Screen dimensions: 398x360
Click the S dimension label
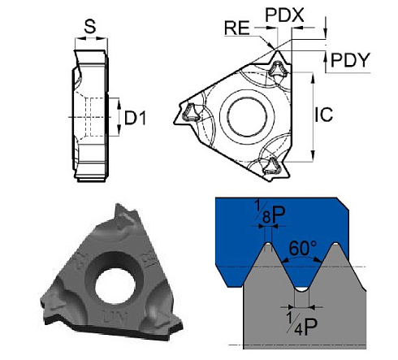click(x=90, y=27)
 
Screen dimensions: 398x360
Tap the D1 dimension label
click(x=135, y=118)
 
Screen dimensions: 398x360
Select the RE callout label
click(x=237, y=28)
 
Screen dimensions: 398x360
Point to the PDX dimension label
click(x=284, y=15)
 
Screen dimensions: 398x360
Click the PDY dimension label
click(x=350, y=60)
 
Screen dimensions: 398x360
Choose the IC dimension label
click(x=324, y=115)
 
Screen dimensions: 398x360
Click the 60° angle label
click(x=302, y=248)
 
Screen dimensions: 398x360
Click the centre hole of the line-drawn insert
click(x=247, y=117)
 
